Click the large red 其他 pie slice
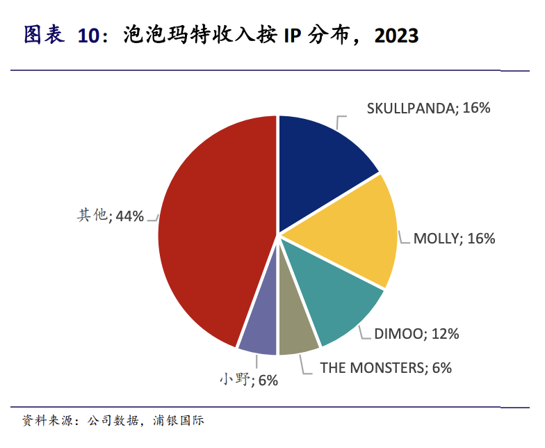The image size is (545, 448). coord(209,230)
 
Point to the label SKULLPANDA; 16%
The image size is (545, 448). coord(429,108)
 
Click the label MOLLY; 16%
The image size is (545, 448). coord(454,239)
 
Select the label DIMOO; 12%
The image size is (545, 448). coord(416,334)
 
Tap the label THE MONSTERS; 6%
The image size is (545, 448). coord(386,367)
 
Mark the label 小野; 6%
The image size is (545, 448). coord(248,380)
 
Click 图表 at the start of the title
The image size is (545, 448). coord(44,35)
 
